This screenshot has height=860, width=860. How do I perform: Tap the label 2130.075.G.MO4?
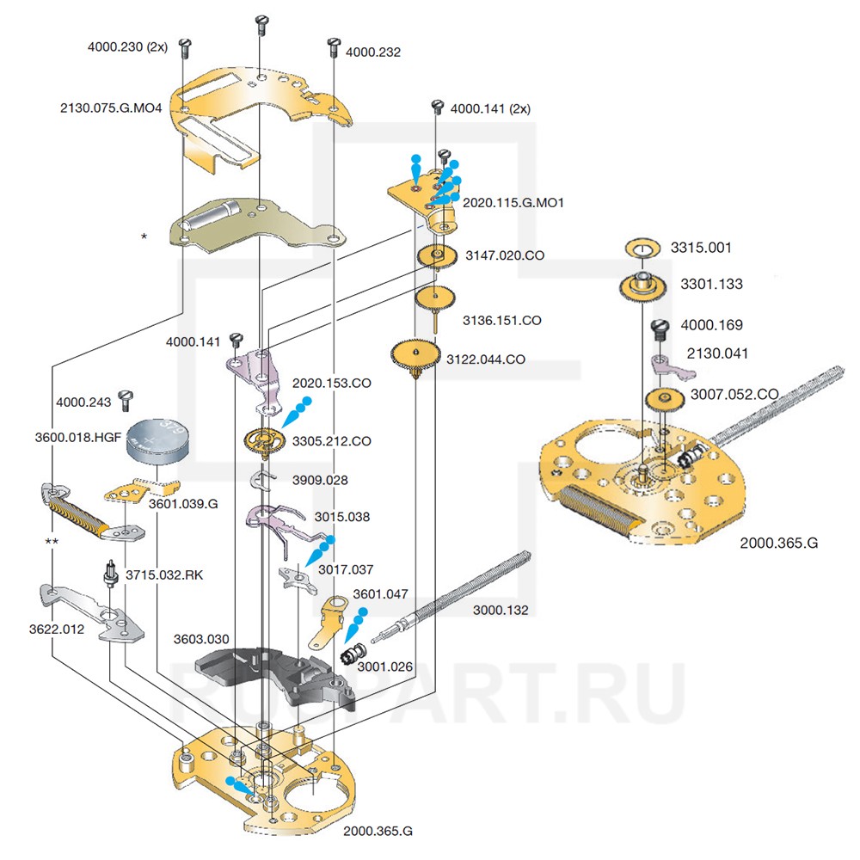[111, 107]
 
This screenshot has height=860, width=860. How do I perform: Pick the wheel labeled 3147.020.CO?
[436, 256]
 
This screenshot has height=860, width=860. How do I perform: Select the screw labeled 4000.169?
[661, 328]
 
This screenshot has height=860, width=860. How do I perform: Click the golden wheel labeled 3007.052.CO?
[665, 400]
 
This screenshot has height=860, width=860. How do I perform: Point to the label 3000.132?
[501, 611]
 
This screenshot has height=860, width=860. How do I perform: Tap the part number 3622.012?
[56, 629]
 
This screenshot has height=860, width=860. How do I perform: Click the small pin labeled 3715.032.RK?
[110, 572]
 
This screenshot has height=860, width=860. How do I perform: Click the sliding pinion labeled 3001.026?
[352, 653]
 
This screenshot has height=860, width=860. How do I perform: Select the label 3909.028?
[320, 480]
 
